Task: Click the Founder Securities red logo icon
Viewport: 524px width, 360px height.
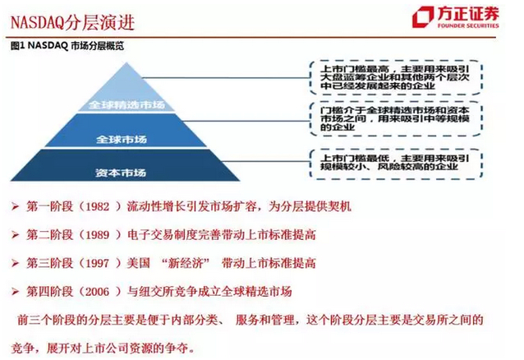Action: point(424,16)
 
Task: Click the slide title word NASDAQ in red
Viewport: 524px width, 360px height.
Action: point(37,23)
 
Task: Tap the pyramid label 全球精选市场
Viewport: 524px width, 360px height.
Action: point(126,104)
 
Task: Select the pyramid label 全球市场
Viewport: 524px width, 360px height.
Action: point(122,139)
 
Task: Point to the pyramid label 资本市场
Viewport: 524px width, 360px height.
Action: point(121,173)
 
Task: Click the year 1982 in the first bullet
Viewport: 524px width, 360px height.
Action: point(98,207)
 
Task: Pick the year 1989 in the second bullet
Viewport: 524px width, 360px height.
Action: point(98,235)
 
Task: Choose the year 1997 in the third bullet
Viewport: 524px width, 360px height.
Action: point(98,263)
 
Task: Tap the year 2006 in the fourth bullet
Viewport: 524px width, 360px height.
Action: point(98,292)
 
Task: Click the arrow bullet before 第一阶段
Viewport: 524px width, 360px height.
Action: point(15,206)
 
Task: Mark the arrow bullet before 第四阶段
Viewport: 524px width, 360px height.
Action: point(15,292)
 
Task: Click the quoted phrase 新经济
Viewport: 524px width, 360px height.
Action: point(186,263)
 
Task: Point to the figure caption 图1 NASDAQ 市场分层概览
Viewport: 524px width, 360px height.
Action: point(67,45)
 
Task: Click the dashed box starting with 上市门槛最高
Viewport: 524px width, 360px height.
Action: point(396,77)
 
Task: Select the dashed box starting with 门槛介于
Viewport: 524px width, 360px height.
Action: point(396,119)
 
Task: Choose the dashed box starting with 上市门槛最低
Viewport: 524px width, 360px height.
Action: point(396,163)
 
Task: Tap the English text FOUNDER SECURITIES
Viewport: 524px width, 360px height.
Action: point(468,25)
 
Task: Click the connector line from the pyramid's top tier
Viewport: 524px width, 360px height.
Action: point(226,78)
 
